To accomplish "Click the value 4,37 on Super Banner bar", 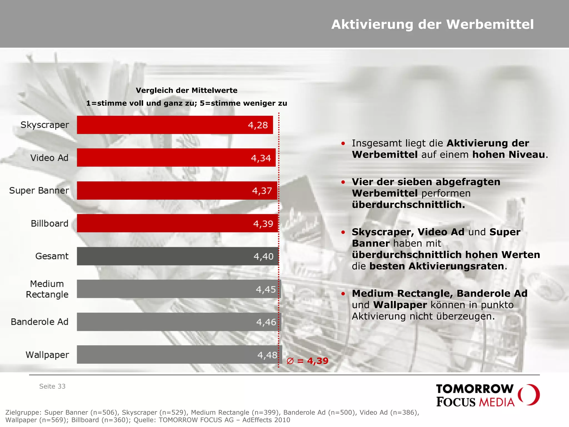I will tap(262, 191).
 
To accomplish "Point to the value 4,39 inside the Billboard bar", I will tap(263, 224).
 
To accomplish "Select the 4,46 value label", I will tap(266, 322).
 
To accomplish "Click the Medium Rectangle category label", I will tap(47, 289).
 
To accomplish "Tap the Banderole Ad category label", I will tap(39, 322).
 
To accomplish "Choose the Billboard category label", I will tap(49, 223).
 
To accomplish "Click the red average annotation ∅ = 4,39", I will tap(307, 361).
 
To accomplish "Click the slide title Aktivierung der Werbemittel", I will tap(432, 24).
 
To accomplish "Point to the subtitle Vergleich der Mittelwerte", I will tap(186, 90).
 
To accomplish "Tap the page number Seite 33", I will tap(52, 386).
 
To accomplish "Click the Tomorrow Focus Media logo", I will tap(487, 395).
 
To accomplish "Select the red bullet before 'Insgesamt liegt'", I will tap(343, 143).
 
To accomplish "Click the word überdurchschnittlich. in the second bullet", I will tap(408, 205).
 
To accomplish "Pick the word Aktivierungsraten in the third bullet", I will tap(456, 266).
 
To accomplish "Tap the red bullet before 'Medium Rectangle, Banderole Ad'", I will tap(343, 294).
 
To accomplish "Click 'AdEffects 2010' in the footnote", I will tap(266, 420).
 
